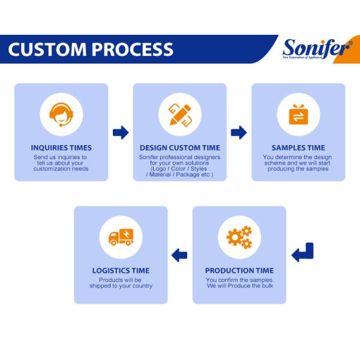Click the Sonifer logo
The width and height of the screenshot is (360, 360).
pyautogui.click(x=317, y=49)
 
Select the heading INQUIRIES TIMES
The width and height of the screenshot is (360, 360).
pyautogui.click(x=61, y=148)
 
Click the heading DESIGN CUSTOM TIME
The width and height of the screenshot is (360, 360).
pyautogui.click(x=180, y=148)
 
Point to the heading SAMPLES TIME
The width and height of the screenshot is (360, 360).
pyautogui.click(x=298, y=148)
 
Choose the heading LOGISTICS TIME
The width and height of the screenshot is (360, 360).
pyautogui.click(x=121, y=271)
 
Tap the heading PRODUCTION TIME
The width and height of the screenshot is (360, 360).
pyautogui.click(x=239, y=271)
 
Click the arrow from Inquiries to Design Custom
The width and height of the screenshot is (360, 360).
pyautogui.click(x=121, y=133)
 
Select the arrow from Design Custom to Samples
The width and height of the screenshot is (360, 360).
pyautogui.click(x=239, y=133)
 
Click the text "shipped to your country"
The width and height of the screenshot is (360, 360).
pyautogui.click(x=121, y=286)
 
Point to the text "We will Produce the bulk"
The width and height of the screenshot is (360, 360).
pyautogui.click(x=239, y=286)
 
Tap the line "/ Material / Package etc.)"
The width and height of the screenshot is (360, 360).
pyautogui.click(x=180, y=174)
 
